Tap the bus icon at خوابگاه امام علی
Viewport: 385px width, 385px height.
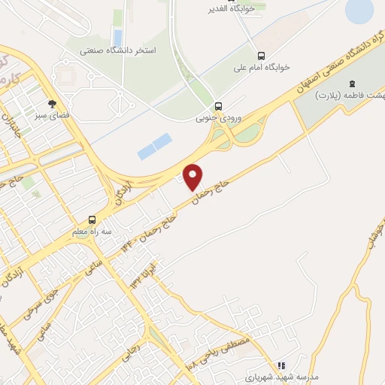click(x=261, y=56)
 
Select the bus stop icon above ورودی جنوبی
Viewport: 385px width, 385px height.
click(x=218, y=106)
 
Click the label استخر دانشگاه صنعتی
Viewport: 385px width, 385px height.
click(x=118, y=51)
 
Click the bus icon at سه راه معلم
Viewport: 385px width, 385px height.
click(x=92, y=219)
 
